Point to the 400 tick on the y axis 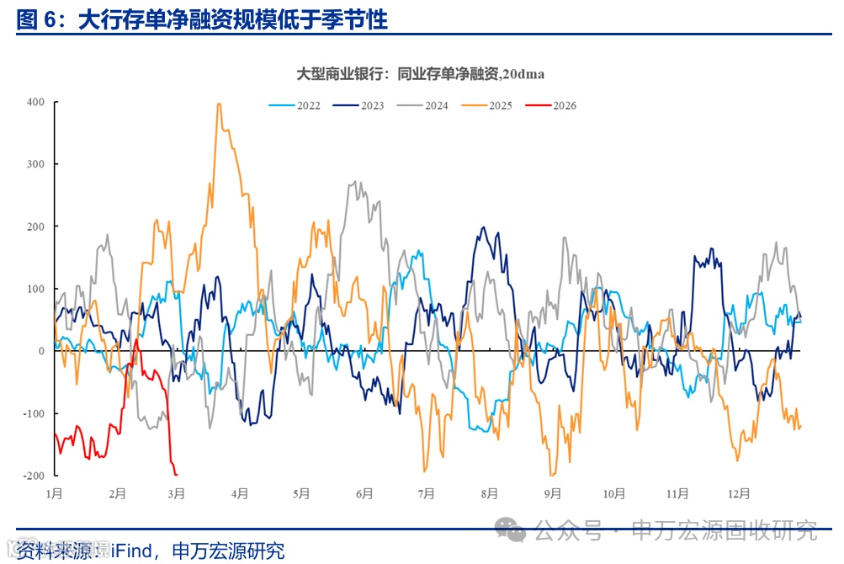35,102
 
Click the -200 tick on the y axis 34,476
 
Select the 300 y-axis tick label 35,164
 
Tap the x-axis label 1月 55,493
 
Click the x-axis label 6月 364,493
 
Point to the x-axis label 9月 551,493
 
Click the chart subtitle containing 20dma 421,74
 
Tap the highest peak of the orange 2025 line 219,104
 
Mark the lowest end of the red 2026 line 175,474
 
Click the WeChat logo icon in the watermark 511,529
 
